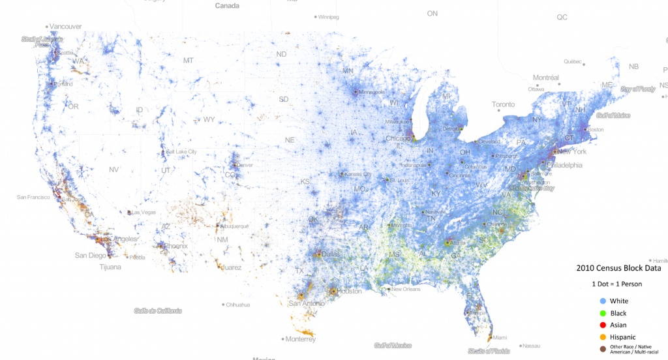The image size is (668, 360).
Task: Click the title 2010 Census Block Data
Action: click(x=617, y=268)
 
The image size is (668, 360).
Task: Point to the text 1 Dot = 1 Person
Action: click(x=616, y=284)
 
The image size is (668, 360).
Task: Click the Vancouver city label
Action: click(x=66, y=27)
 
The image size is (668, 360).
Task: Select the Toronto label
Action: click(x=503, y=104)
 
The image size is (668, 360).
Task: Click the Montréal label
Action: click(x=545, y=77)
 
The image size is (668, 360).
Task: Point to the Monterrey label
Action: click(x=301, y=339)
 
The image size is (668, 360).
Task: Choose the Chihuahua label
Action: click(x=239, y=305)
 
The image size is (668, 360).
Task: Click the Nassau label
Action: click(x=531, y=345)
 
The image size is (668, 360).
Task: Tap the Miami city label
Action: click(x=500, y=337)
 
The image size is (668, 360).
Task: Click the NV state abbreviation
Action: click(x=114, y=170)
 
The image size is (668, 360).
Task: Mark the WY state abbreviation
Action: click(x=209, y=120)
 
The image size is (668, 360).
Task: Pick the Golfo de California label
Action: click(x=158, y=310)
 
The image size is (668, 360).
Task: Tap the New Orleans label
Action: click(x=406, y=289)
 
